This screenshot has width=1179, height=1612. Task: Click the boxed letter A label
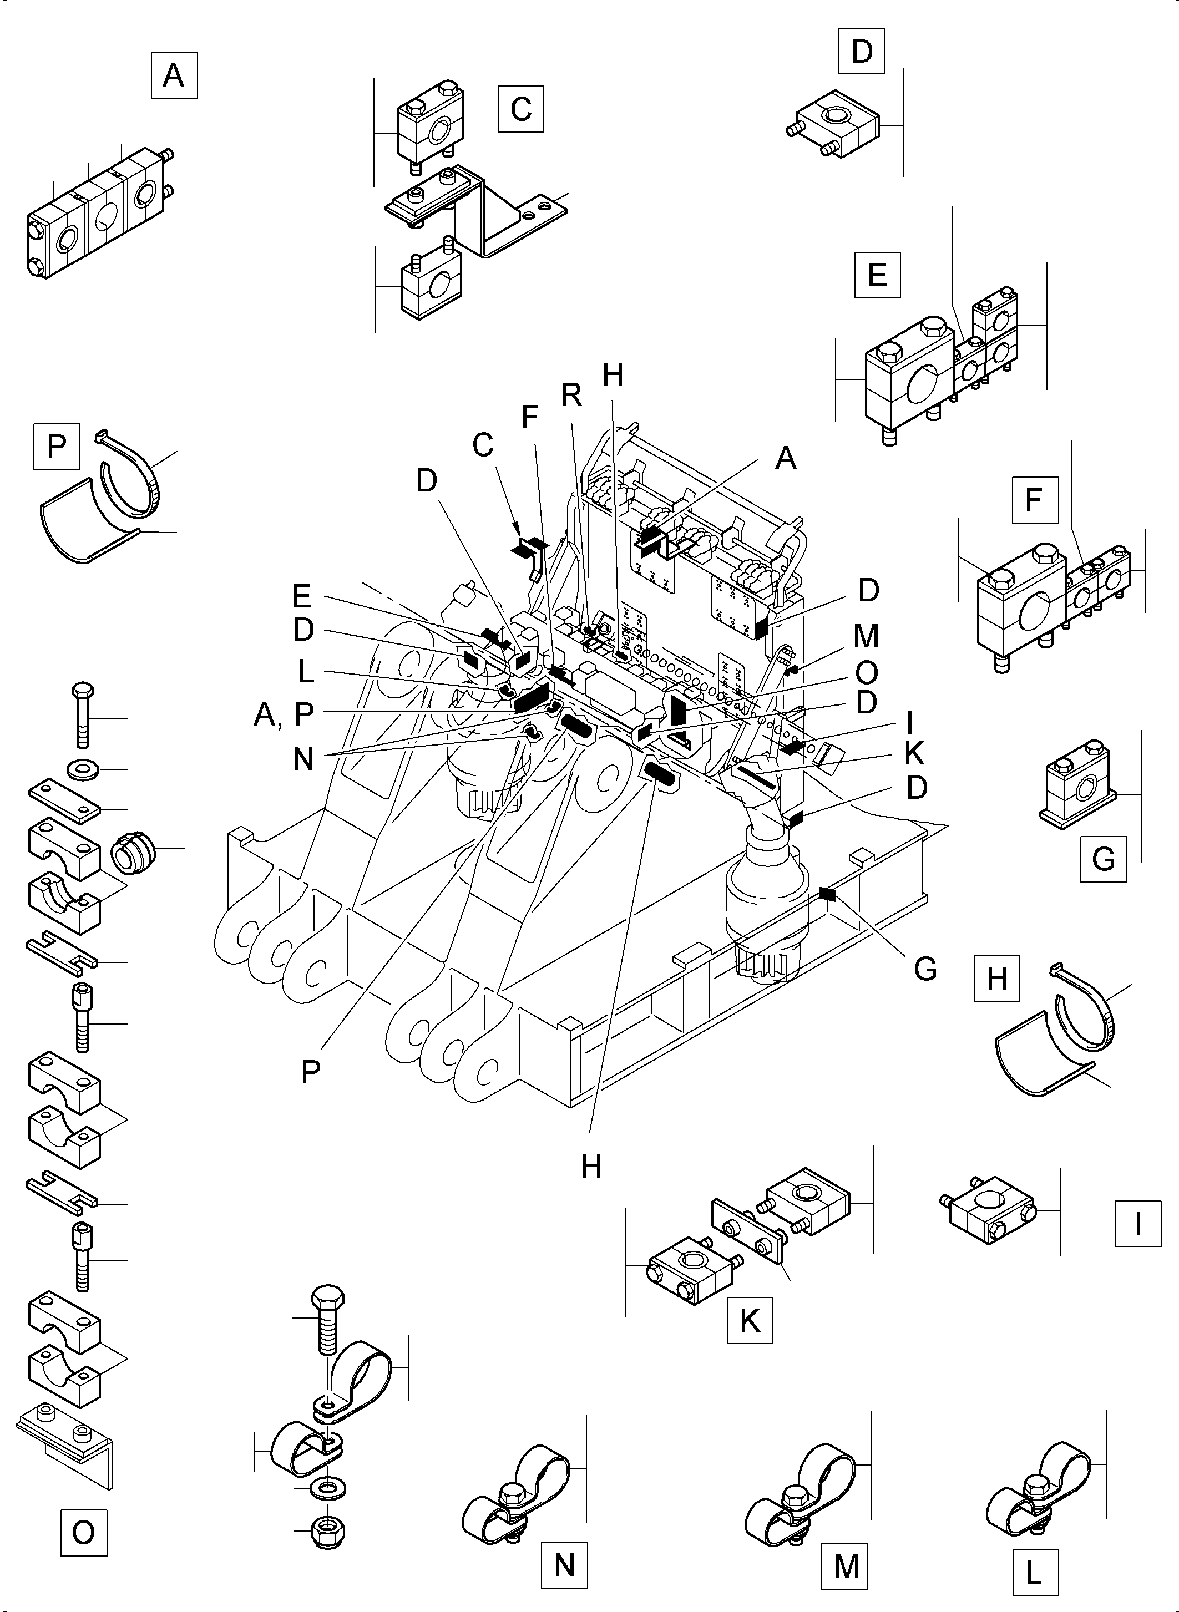174,75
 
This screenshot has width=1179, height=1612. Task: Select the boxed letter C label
521,109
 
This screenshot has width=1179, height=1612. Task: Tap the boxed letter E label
877,275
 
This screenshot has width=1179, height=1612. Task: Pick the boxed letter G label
1104,859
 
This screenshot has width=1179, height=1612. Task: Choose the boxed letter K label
750,1321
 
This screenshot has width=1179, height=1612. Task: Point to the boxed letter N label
564,1565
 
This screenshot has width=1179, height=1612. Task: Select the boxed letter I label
1137,1224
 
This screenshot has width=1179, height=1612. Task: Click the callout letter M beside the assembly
866,636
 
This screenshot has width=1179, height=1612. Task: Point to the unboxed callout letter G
925,969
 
